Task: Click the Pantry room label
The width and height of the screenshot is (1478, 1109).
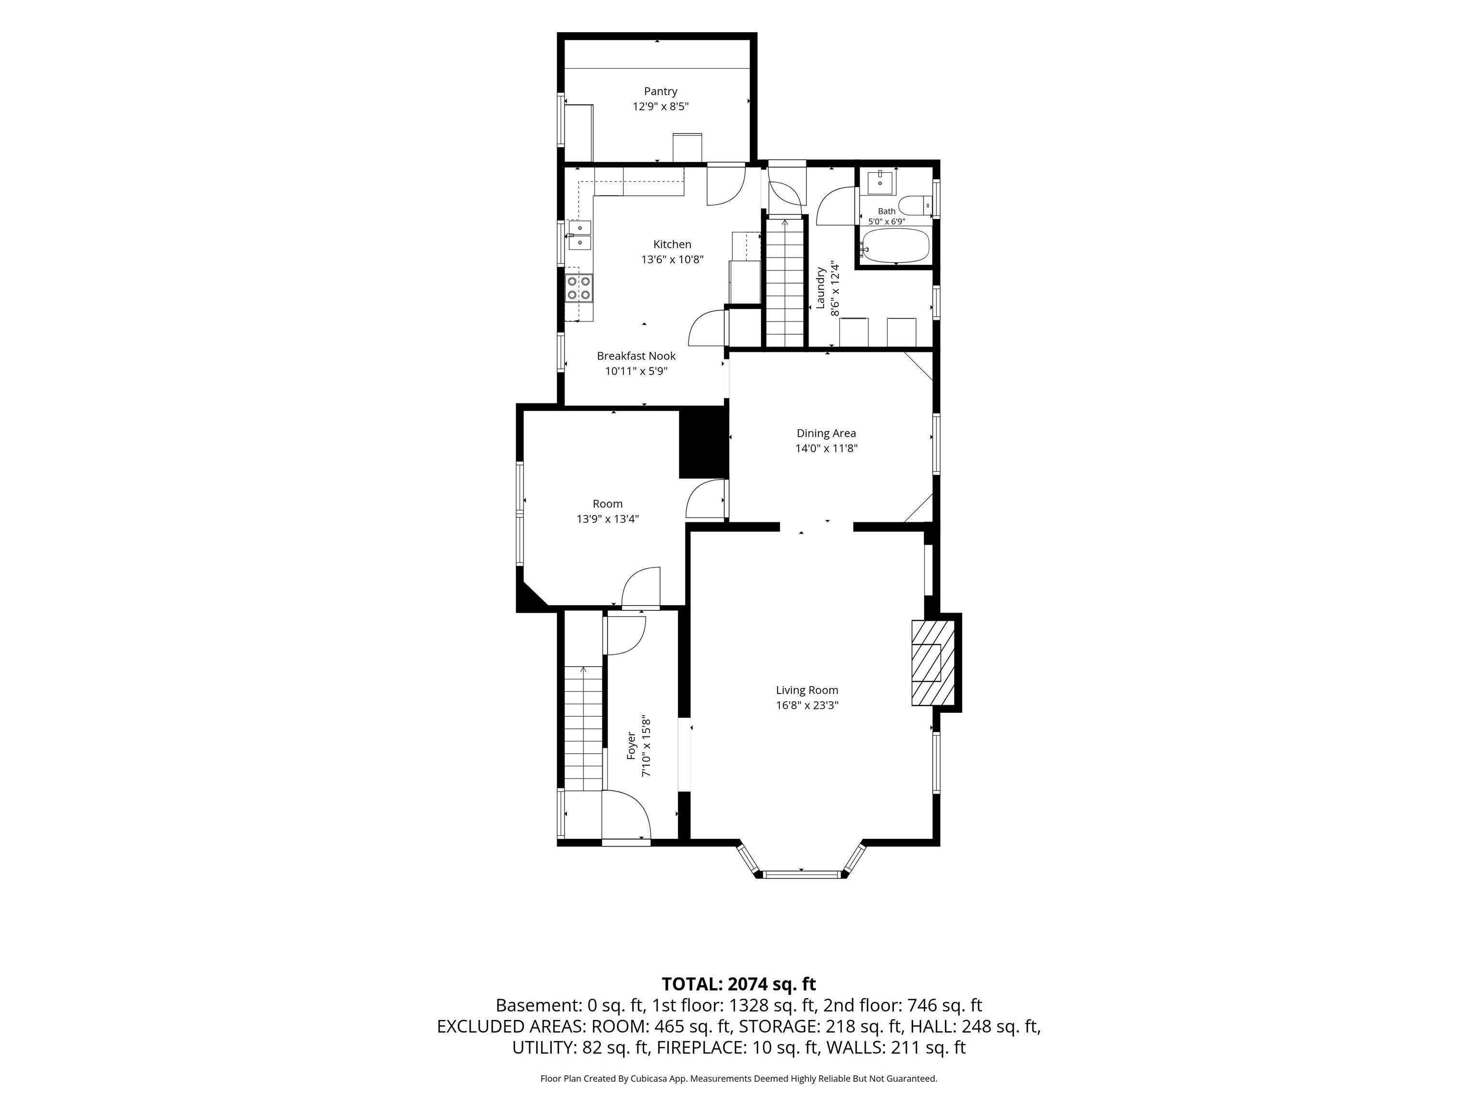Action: pos(660,91)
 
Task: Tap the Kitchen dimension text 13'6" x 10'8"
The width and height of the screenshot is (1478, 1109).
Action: pos(672,259)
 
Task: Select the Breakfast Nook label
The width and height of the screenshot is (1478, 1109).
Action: pos(636,356)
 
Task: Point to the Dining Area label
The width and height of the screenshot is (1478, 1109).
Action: pos(826,433)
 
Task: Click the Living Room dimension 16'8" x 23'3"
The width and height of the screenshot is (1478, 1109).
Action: pos(807,705)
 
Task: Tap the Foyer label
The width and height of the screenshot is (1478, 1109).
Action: pos(631,746)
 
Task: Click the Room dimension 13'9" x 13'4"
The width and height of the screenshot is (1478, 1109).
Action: pos(607,519)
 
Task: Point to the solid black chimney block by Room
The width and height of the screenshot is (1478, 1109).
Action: pos(703,444)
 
